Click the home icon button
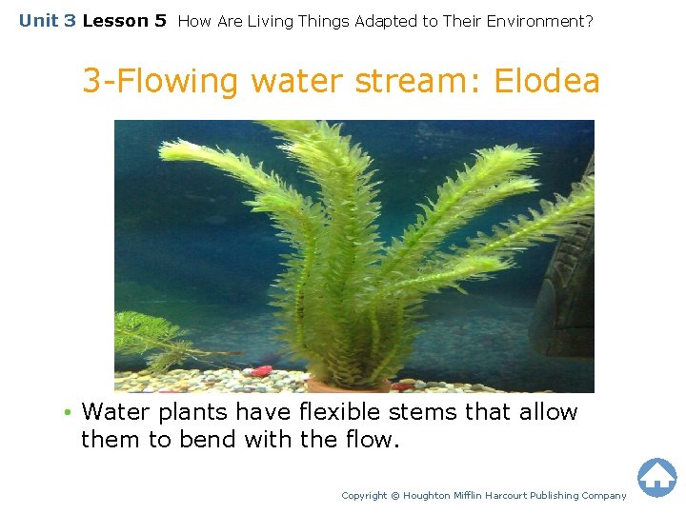click(656, 477)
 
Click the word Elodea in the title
click(547, 82)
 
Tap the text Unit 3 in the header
click(47, 20)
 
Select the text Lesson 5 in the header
click(124, 20)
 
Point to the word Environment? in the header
click(540, 21)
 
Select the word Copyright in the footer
click(364, 495)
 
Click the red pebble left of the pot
click(259, 370)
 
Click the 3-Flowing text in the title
click(159, 82)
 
